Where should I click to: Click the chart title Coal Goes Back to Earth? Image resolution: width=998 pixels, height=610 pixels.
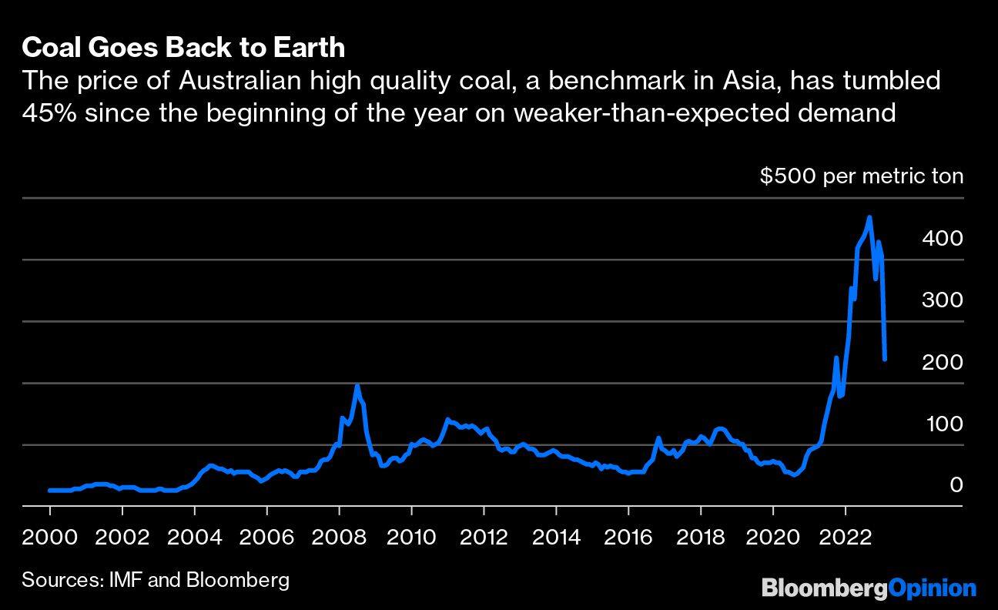point(183,48)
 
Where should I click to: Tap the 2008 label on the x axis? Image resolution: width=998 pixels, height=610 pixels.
point(339,537)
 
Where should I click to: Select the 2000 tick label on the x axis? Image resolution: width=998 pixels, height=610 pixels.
point(49,537)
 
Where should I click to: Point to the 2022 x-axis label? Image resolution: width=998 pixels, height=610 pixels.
point(846,537)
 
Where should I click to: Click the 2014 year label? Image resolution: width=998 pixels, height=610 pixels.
point(556,537)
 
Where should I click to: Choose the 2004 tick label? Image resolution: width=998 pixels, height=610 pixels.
point(194,537)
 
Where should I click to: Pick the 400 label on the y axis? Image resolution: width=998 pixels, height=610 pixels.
point(942,239)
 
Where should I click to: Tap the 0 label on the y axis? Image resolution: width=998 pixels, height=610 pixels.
point(956,485)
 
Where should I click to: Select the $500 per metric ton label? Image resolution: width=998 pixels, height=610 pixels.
point(861,176)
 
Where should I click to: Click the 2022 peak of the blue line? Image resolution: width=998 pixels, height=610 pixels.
point(869,218)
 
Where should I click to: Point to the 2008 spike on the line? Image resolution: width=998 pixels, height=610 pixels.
point(357,386)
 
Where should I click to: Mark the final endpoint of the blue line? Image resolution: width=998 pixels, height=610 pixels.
point(885,359)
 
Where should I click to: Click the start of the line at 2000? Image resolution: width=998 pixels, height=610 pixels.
point(49,490)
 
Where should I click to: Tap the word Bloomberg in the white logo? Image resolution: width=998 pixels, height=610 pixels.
point(825,588)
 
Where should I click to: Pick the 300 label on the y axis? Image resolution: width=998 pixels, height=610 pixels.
point(942,300)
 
